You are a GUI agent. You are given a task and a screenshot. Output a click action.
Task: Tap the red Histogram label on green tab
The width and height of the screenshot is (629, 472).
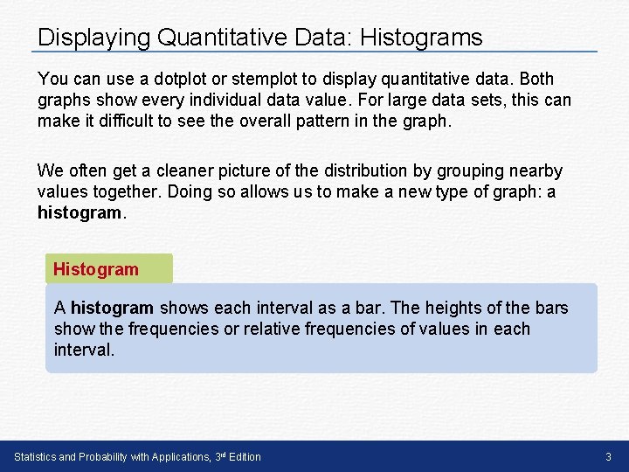(96, 269)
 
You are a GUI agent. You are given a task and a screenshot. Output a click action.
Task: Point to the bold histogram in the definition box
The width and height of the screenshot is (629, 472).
(112, 308)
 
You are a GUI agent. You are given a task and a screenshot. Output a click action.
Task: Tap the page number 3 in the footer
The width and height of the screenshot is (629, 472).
(608, 457)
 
